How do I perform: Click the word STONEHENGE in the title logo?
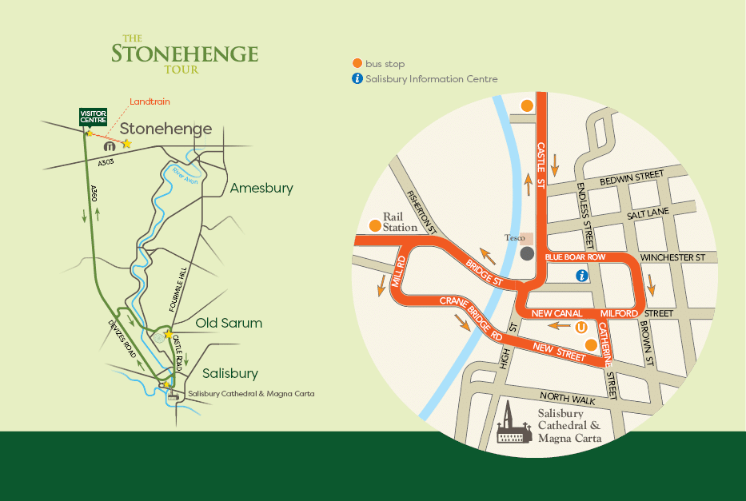pyautogui.click(x=185, y=54)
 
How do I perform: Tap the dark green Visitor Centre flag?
pyautogui.click(x=93, y=116)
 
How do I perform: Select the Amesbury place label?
pyautogui.click(x=261, y=189)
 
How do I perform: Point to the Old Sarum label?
pyautogui.click(x=229, y=323)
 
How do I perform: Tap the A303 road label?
pyautogui.click(x=107, y=162)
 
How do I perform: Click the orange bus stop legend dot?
pyautogui.click(x=357, y=64)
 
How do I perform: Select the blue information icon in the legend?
pyautogui.click(x=357, y=79)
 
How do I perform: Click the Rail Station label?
pyautogui.click(x=401, y=222)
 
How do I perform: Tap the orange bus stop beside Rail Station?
pyautogui.click(x=374, y=225)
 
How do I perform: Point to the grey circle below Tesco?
pyautogui.click(x=526, y=253)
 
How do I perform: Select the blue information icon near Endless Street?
pyautogui.click(x=581, y=275)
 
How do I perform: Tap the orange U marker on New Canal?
pyautogui.click(x=581, y=327)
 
